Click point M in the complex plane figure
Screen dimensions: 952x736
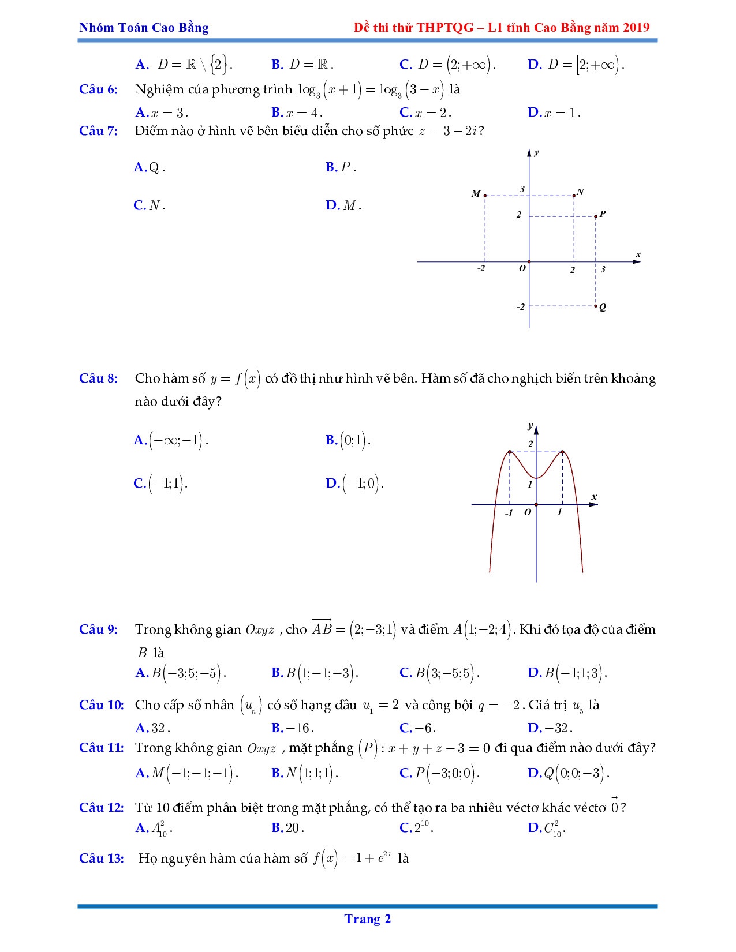pos(485,196)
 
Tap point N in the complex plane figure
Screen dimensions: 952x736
pos(574,196)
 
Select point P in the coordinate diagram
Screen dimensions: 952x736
pos(596,216)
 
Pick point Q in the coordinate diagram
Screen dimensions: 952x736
pos(596,306)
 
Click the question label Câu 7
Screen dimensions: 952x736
pos(98,131)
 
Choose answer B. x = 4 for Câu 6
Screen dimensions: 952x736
pos(297,113)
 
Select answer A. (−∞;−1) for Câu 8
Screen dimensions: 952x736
pos(171,441)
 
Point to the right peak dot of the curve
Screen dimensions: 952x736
pos(562,452)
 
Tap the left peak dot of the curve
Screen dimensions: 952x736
pos(510,452)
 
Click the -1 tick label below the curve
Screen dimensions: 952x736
pos(509,513)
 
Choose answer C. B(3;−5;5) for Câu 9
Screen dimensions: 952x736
pos(439,673)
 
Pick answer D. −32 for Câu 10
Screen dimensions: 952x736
pos(550,728)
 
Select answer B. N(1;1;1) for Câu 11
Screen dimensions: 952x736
pos(304,773)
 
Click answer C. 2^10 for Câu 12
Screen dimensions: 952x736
pos(416,829)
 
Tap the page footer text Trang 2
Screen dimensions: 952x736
pos(368,919)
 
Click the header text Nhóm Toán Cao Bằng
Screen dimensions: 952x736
pos(144,27)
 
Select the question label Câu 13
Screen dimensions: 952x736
pos(101,859)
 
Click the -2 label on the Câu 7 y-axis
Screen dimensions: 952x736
pos(521,307)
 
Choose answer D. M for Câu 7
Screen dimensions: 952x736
pos(343,205)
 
